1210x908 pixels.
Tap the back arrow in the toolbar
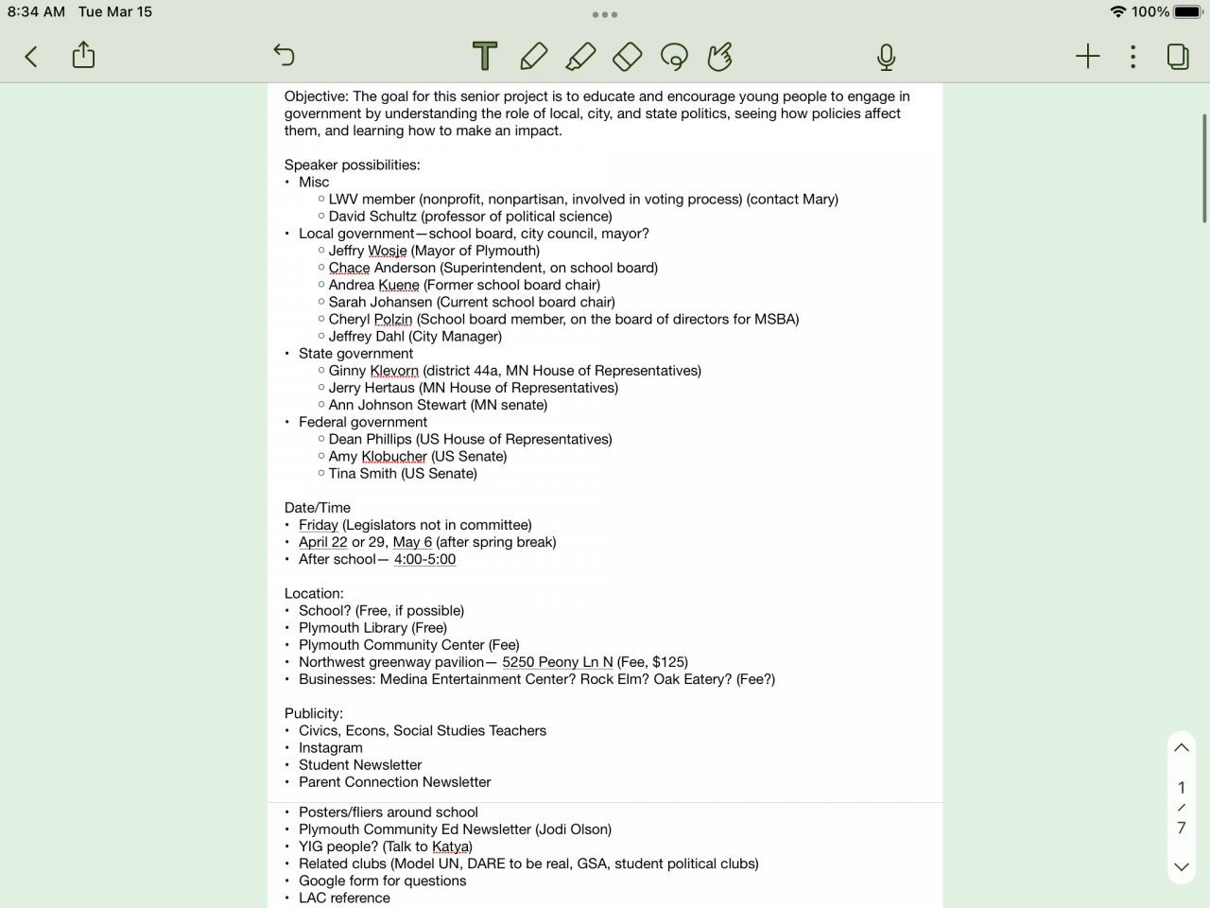point(31,57)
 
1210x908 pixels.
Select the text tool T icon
point(485,57)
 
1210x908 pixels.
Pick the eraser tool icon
point(627,57)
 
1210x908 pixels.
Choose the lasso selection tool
point(674,57)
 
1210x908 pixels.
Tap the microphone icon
point(886,57)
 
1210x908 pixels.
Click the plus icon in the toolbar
point(1088,57)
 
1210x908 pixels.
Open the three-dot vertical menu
point(1132,57)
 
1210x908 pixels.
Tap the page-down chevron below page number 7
point(1181,866)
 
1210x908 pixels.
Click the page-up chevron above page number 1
point(1181,747)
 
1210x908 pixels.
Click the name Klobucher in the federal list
point(394,457)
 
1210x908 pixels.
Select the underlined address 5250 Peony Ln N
point(557,662)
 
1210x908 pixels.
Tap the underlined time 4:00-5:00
point(424,560)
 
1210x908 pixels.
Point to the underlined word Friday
point(318,525)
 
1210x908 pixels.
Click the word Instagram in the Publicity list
point(330,748)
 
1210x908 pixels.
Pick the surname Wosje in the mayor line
point(387,251)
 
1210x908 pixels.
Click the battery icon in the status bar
point(1187,12)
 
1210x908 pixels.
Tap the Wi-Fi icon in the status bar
point(1118,12)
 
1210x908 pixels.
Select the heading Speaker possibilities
point(352,165)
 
